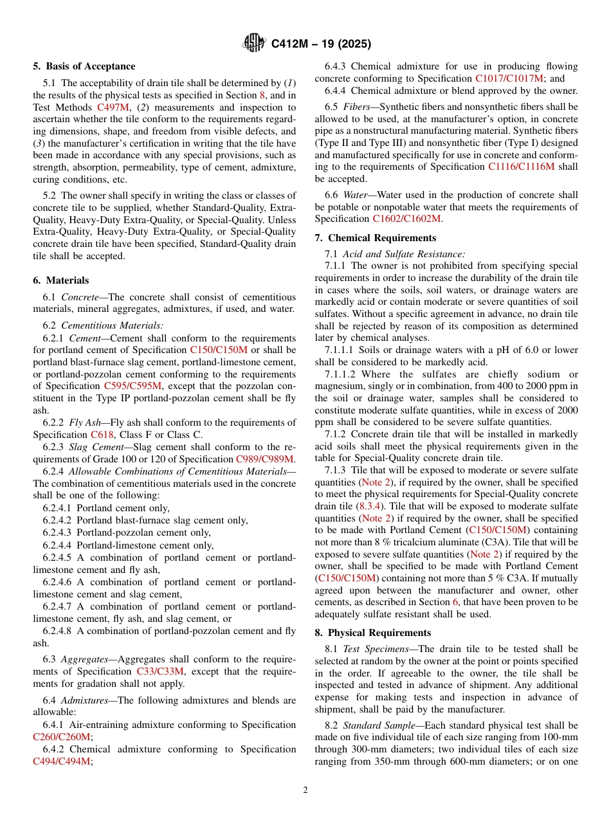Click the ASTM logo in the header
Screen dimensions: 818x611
(253, 44)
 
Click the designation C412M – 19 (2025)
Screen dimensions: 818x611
(321, 44)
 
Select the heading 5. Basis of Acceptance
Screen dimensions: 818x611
(84, 66)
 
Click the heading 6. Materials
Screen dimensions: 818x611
(61, 280)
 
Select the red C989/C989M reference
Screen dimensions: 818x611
(264, 459)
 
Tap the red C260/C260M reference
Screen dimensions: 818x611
(61, 737)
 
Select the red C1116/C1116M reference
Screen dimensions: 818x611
(521, 167)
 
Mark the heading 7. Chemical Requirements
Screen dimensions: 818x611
(375, 238)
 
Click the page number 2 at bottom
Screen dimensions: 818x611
(305, 790)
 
